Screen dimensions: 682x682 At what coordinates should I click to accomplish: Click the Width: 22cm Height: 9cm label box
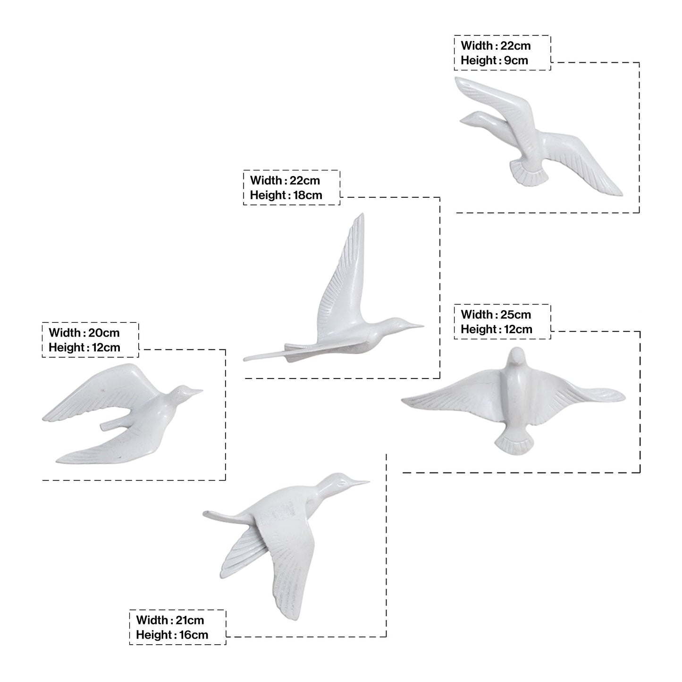(502, 53)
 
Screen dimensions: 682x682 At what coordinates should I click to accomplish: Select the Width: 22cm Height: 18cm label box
(291, 187)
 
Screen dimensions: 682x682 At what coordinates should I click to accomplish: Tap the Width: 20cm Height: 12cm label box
(90, 340)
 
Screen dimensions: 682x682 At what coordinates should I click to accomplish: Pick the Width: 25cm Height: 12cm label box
(502, 321)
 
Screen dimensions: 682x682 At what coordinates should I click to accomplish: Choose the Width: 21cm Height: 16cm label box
(177, 627)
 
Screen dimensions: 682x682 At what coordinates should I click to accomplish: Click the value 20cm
(104, 333)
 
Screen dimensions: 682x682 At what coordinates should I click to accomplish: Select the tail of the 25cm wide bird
(514, 446)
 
